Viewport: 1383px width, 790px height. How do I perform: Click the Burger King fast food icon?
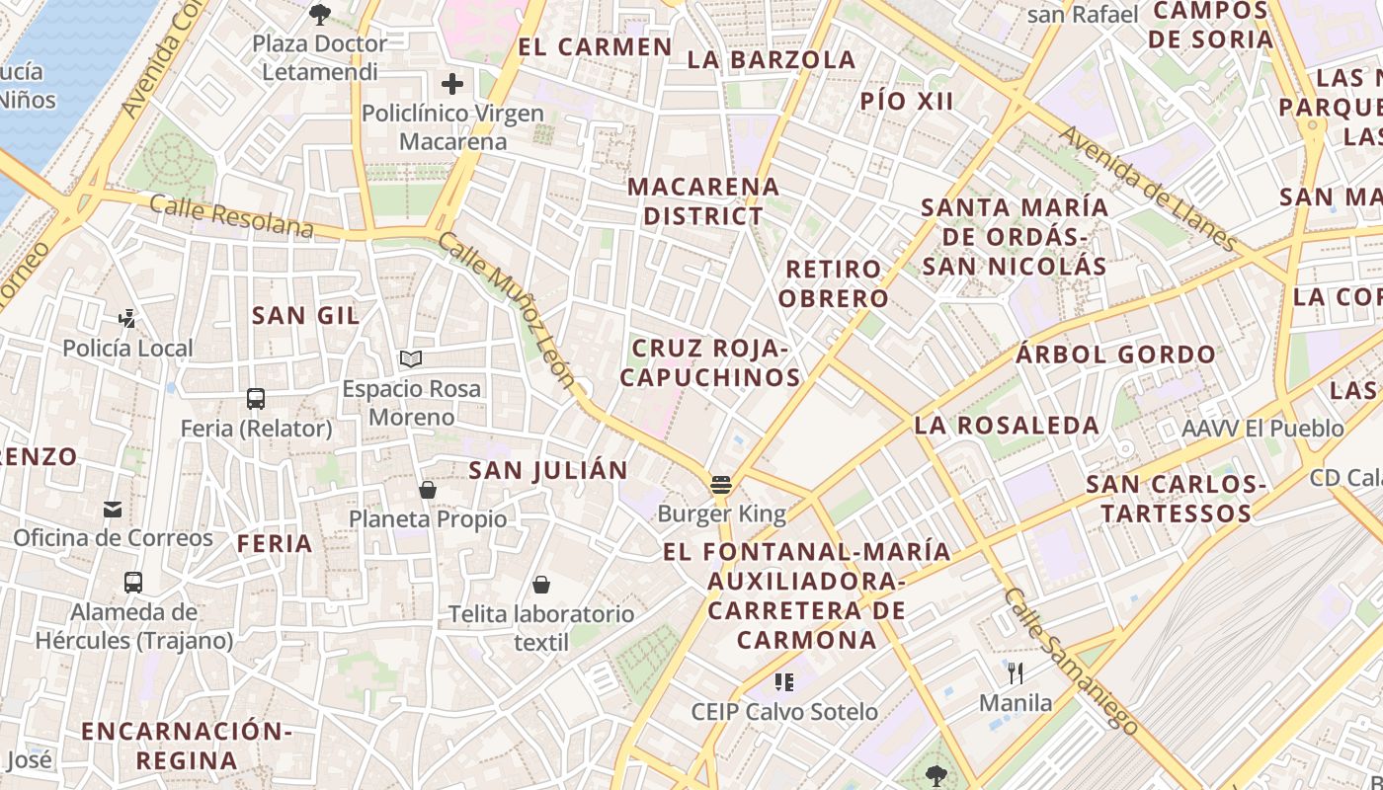pyautogui.click(x=721, y=485)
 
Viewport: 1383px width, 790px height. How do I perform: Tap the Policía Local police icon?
pyautogui.click(x=127, y=319)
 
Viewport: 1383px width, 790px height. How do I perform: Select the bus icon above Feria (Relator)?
pyautogui.click(x=256, y=399)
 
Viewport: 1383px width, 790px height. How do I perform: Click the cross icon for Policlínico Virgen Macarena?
pyautogui.click(x=452, y=84)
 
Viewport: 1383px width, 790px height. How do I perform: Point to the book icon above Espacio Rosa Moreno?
pyautogui.click(x=411, y=359)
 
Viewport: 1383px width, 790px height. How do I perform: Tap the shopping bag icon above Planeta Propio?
pyautogui.click(x=428, y=490)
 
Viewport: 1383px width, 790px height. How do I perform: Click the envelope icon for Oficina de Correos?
pyautogui.click(x=113, y=510)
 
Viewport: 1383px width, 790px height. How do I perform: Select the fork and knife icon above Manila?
pyautogui.click(x=1016, y=674)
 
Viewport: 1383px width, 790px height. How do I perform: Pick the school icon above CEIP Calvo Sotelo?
pyautogui.click(x=784, y=682)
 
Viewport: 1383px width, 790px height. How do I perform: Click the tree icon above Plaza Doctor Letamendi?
pyautogui.click(x=319, y=15)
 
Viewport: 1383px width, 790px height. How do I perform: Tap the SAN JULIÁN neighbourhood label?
pyautogui.click(x=548, y=471)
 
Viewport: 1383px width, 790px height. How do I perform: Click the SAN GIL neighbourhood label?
pyautogui.click(x=305, y=315)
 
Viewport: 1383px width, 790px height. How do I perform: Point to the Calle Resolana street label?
pyautogui.click(x=231, y=216)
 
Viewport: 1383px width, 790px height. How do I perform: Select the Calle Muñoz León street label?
pyautogui.click(x=506, y=310)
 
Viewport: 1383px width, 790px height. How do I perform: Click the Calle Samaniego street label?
pyautogui.click(x=1071, y=661)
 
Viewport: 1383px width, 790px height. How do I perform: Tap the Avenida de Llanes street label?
pyautogui.click(x=1148, y=188)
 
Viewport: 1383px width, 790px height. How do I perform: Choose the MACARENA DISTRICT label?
pyautogui.click(x=703, y=200)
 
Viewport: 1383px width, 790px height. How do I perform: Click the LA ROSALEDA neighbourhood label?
pyautogui.click(x=1007, y=426)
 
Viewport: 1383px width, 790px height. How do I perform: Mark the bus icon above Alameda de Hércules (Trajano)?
pyautogui.click(x=133, y=583)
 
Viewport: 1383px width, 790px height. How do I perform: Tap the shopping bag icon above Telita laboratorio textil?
pyautogui.click(x=541, y=585)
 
